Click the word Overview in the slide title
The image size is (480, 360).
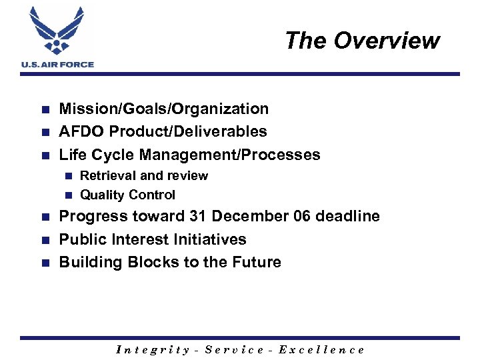[x=387, y=41]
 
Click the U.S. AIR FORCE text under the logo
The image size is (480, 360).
[x=58, y=65]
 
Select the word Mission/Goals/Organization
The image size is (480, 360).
[x=164, y=109]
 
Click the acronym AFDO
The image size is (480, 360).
[x=83, y=132]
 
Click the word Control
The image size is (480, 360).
[x=151, y=195]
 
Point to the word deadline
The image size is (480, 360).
[x=345, y=217]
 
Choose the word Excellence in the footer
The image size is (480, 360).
[x=321, y=349]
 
